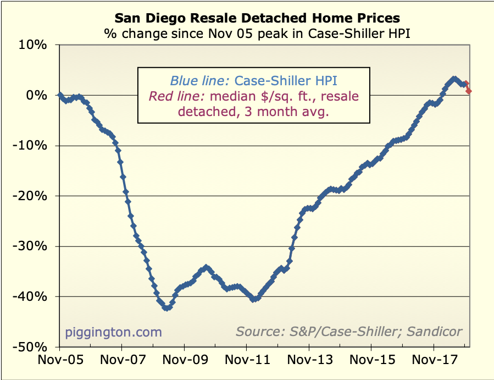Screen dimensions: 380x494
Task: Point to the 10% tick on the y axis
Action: (34, 45)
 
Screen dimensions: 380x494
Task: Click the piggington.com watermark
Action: (114, 332)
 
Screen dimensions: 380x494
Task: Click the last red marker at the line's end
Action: (468, 91)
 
